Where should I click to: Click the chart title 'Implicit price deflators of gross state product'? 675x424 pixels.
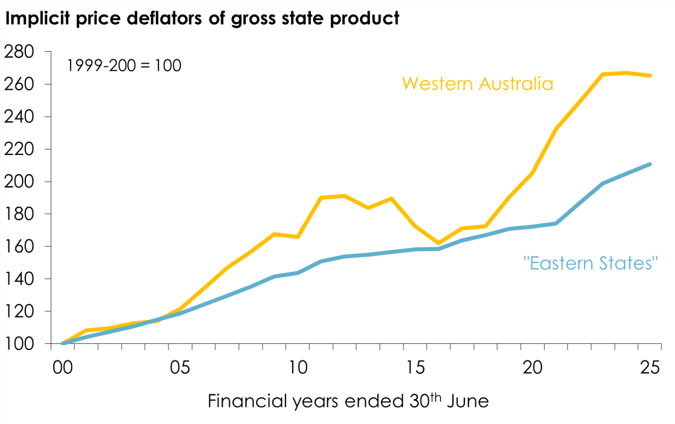202,19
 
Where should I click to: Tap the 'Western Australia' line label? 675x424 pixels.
477,84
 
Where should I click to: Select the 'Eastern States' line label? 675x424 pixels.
590,263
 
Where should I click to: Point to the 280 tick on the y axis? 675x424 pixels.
19,52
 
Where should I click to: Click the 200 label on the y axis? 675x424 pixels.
19,181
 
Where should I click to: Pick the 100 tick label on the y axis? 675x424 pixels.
19,343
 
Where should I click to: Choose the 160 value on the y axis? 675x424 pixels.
19,246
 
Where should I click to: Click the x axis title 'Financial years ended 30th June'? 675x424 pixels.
348,401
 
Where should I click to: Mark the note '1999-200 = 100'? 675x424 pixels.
124,66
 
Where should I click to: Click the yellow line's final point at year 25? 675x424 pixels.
650,76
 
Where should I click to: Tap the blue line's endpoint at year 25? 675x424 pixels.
650,164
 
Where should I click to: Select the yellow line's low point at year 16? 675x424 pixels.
438,243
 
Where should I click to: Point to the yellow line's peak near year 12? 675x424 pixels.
345,196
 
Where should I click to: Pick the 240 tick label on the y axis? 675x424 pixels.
19,117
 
